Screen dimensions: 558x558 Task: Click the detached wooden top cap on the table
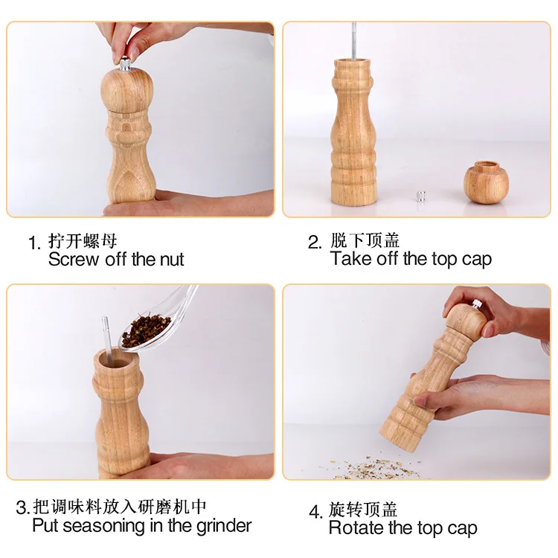pos(486,182)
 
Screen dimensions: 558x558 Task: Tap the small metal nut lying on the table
pos(421,197)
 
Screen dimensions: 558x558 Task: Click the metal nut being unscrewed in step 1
pos(124,65)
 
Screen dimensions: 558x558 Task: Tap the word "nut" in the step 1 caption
pos(172,260)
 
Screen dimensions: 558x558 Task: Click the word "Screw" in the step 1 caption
pos(74,259)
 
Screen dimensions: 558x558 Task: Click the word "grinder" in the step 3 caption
pos(224,526)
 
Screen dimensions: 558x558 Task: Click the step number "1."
pos(34,243)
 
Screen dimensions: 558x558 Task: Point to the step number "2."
pos(315,243)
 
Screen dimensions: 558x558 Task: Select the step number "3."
pos(23,507)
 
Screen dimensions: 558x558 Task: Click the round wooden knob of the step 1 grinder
pos(126,89)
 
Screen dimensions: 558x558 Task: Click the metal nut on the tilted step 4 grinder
pos(477,304)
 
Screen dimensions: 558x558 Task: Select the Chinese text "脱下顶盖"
pos(365,240)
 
